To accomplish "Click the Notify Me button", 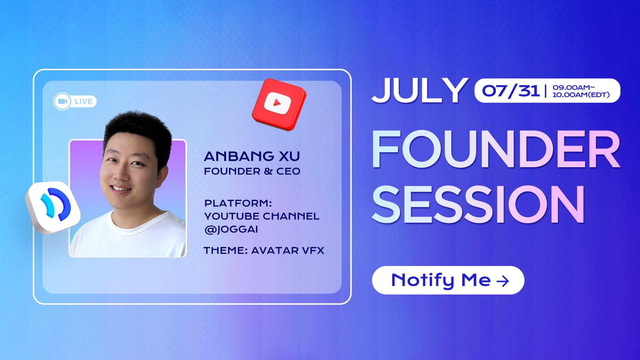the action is (448, 280).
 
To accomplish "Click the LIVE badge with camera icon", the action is (75, 101).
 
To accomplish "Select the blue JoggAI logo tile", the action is (53, 207).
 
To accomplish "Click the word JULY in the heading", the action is (419, 90).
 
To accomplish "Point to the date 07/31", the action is (511, 91).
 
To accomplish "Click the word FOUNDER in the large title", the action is (496, 150).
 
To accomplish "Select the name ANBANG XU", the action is (252, 156).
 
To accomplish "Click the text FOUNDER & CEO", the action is (252, 171).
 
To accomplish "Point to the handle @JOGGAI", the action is (231, 230).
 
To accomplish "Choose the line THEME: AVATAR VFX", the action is (264, 250).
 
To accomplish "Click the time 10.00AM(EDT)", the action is (581, 95).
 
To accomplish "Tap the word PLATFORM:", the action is (238, 203).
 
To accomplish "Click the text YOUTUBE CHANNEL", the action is (262, 216).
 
